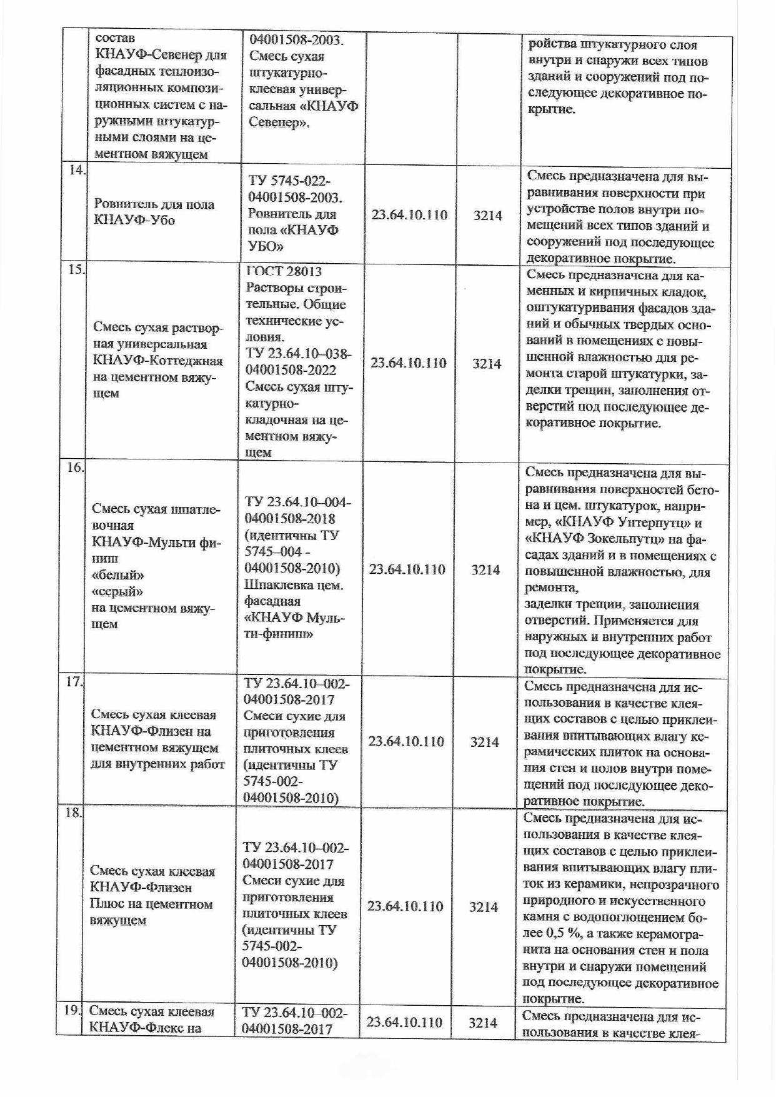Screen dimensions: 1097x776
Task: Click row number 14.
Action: click(x=76, y=171)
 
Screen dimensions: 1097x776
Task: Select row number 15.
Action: click(x=76, y=270)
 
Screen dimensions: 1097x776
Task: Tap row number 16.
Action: click(x=75, y=467)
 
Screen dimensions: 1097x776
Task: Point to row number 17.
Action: click(x=74, y=681)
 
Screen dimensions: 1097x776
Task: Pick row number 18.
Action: click(x=73, y=813)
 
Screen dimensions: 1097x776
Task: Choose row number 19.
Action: click(x=72, y=1010)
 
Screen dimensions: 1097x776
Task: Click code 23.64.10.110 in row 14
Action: click(x=409, y=215)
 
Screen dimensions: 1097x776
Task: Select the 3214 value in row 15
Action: click(x=487, y=364)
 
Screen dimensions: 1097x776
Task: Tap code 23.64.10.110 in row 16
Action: click(x=407, y=569)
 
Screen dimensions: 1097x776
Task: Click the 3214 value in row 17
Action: click(x=484, y=742)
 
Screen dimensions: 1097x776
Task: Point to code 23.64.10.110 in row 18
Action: click(x=405, y=906)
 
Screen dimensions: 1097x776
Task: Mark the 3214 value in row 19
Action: click(x=482, y=1023)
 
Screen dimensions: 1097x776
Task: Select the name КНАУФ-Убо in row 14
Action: click(x=134, y=220)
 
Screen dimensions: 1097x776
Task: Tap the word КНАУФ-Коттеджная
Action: click(x=157, y=361)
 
